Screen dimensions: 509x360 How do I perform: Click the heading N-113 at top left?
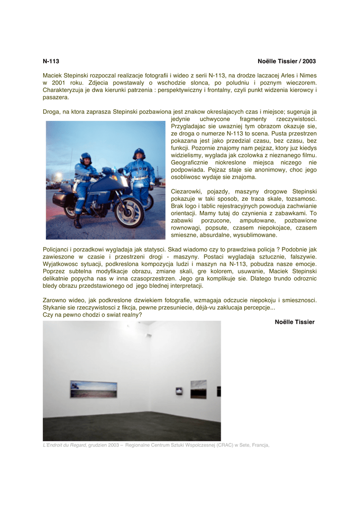[51, 61]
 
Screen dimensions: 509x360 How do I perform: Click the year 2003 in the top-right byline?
[309, 61]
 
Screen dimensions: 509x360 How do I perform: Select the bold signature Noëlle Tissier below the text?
[294, 322]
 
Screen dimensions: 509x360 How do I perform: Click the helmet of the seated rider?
[86, 158]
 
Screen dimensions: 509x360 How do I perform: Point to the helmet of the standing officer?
[139, 153]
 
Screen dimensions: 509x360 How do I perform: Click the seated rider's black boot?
[77, 223]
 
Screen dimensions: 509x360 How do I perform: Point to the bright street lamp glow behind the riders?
[59, 176]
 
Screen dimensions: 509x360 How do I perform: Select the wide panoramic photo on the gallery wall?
[93, 389]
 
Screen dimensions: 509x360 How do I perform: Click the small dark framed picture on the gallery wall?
[179, 392]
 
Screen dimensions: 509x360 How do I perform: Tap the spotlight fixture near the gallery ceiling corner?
[149, 336]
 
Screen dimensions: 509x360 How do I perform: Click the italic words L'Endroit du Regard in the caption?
[64, 445]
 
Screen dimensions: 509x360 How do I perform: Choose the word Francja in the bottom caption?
[260, 445]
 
